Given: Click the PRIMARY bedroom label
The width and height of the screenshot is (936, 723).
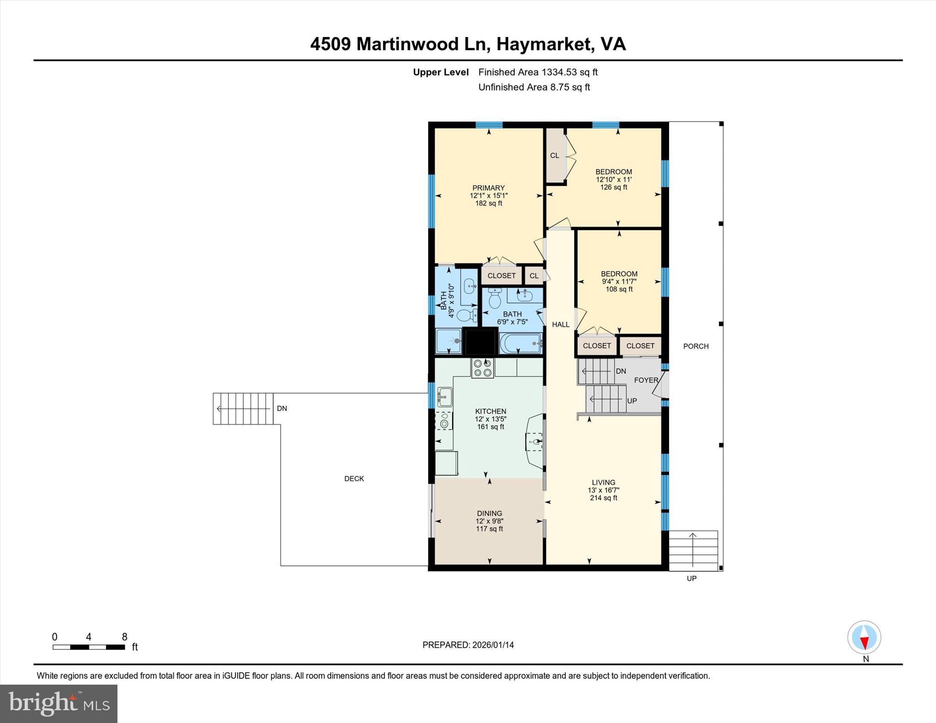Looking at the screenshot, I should (488, 188).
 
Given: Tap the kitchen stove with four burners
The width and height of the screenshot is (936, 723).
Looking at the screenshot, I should (483, 368).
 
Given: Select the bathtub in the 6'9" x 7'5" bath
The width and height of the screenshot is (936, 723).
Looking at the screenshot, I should (521, 343).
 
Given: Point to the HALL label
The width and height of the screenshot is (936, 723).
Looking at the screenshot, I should (560, 324).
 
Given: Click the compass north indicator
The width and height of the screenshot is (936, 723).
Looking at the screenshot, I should (864, 638).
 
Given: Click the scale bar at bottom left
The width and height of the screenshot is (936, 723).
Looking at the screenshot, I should (89, 647).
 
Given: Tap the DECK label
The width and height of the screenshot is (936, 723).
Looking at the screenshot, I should (354, 479).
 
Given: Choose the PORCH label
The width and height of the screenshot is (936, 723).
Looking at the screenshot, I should (696, 346).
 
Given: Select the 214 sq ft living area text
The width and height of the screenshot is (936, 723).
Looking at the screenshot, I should (603, 498).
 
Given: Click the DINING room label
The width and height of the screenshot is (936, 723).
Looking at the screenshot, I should (489, 513).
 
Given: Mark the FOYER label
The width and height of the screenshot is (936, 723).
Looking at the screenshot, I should (646, 380).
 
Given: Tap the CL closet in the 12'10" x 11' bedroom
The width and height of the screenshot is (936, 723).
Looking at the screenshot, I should (555, 155).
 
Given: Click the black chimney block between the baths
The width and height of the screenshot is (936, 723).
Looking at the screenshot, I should (480, 341).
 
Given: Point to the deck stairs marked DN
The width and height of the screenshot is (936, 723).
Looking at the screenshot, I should (243, 408).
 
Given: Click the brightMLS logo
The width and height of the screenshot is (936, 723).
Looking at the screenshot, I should (58, 703).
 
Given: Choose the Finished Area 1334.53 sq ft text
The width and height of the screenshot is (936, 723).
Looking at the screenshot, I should (538, 72).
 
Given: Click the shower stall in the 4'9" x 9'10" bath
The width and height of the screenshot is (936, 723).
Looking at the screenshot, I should (448, 341).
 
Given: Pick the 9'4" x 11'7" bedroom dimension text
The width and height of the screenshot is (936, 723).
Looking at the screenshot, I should (619, 281).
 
